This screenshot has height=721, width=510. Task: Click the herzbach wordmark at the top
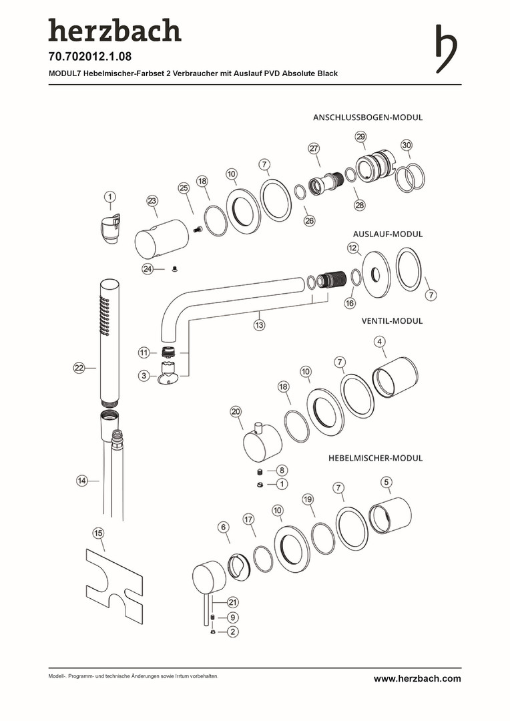tap(114, 31)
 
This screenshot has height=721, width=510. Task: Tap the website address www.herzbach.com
tap(417, 678)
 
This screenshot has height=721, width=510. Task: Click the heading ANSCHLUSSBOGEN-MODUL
tap(368, 117)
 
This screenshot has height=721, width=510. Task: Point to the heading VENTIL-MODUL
tap(392, 320)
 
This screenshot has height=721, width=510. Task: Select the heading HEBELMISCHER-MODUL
tap(376, 459)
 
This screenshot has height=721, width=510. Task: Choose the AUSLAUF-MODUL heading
tap(387, 234)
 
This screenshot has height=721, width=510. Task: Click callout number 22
tap(79, 368)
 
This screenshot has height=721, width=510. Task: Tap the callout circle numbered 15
tap(99, 533)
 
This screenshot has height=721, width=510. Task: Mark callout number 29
tap(360, 136)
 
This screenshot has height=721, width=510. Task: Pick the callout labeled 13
tap(259, 325)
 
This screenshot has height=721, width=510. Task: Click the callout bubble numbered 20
tap(236, 411)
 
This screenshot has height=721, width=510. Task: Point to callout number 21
tap(232, 602)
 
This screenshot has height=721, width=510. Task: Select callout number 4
tap(380, 342)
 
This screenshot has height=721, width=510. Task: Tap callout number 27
tap(314, 148)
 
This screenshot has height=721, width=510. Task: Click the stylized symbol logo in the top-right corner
tap(446, 49)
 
